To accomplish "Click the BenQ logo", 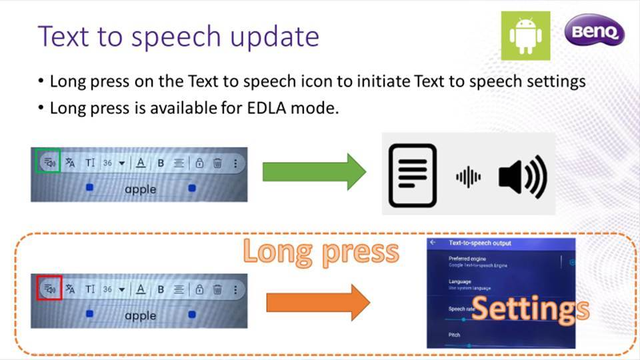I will (x=595, y=32).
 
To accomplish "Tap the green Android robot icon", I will (x=525, y=36).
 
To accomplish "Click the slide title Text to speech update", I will (x=179, y=36).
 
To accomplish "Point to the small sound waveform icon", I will (x=468, y=177).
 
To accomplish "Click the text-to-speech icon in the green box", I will (x=48, y=162).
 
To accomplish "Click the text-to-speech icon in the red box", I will (x=49, y=289).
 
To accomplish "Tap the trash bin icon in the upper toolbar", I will (x=217, y=163).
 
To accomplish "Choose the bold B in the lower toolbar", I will (x=161, y=289).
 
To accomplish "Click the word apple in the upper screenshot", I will (x=140, y=189).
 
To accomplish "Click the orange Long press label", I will (x=321, y=252).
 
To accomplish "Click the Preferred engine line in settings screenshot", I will (x=468, y=259).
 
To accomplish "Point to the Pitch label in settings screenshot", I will (x=454, y=335).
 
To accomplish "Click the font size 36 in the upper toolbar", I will (x=107, y=163).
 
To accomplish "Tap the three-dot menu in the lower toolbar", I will (x=235, y=289).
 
